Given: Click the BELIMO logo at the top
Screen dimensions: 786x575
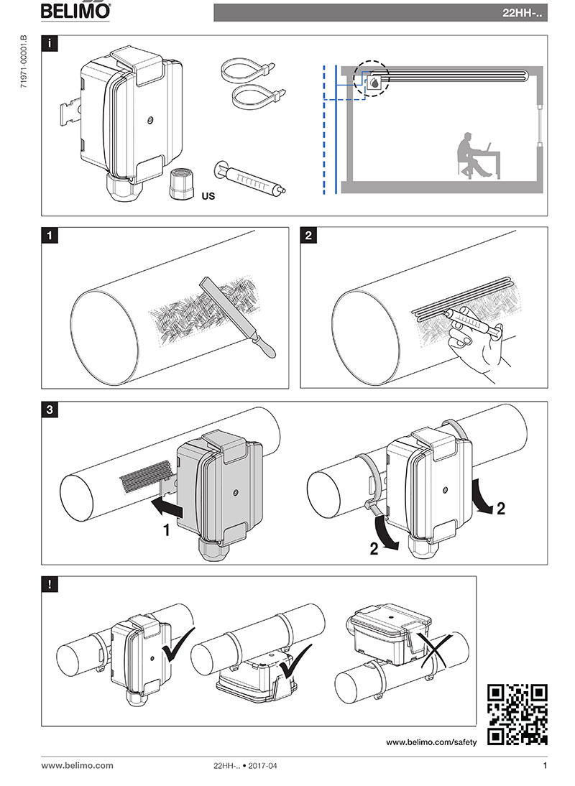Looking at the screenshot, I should point(75,11).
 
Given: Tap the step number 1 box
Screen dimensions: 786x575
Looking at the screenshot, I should point(49,235).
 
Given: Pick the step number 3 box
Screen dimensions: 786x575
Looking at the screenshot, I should point(49,410).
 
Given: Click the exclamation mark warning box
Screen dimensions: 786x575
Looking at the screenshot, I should point(49,583).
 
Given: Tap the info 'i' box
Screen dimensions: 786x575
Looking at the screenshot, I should point(49,43).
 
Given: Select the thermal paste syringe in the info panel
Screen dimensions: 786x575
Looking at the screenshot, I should point(248,180).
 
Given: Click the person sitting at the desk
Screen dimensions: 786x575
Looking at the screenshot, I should point(469,154).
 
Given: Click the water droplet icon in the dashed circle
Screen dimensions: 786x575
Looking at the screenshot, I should point(374,83).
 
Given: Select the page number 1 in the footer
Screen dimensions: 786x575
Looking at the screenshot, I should point(544,766).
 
